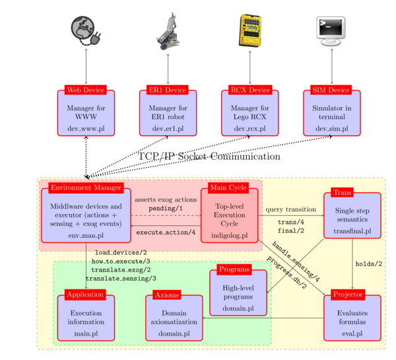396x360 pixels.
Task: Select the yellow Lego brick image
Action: click(250, 30)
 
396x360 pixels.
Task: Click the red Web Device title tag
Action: click(86, 90)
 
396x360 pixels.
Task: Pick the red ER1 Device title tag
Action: click(168, 90)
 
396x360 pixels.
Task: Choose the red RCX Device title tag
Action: click(250, 90)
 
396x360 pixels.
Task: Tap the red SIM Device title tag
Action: click(330, 90)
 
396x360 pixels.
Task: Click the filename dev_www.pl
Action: click(86, 127)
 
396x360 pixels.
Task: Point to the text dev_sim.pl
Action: click(330, 127)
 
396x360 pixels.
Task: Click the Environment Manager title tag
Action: click(86, 188)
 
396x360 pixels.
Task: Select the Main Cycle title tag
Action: click(228, 188)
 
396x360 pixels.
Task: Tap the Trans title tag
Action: click(342, 193)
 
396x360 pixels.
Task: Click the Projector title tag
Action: click(348, 294)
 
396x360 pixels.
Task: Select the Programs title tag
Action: click(234, 270)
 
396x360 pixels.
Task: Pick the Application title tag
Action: click(86, 295)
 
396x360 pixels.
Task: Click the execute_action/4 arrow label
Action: click(166, 232)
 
